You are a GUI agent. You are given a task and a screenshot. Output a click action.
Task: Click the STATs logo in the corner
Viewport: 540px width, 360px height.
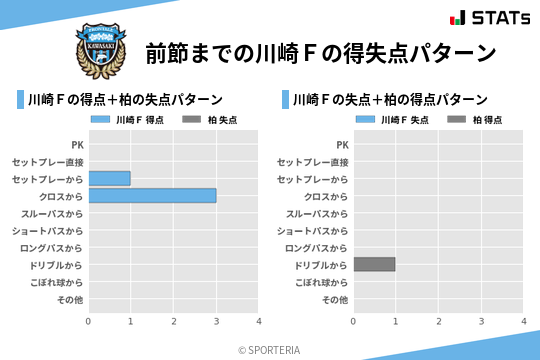point(490,18)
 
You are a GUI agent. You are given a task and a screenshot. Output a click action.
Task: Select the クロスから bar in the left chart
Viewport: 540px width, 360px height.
point(152,196)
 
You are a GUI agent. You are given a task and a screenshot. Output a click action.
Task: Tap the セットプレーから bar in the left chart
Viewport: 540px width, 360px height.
point(109,178)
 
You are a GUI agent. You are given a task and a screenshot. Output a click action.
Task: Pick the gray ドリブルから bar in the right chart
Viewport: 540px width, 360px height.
point(374,264)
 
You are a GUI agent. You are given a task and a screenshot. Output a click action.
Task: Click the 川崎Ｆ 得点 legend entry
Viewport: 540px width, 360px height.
point(129,119)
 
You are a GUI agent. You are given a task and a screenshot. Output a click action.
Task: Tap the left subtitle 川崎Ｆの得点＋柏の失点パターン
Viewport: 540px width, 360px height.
point(125,99)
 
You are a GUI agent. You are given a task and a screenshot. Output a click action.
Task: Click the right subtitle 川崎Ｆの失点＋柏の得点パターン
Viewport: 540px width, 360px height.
point(390,99)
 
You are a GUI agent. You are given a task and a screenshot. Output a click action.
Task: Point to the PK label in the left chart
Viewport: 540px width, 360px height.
point(78,145)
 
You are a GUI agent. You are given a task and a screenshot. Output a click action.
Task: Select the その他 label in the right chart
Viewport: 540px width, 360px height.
point(335,299)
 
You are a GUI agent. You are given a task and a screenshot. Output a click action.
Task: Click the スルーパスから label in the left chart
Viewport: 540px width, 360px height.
point(52,213)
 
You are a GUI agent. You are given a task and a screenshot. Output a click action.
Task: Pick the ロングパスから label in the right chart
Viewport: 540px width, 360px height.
point(316,247)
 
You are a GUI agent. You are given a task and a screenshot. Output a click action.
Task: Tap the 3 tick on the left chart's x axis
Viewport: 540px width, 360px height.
point(216,321)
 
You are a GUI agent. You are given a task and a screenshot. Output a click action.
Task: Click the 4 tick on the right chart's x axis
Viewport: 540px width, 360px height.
point(523,321)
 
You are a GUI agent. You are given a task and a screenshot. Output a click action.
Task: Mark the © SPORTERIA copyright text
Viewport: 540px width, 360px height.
point(270,349)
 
